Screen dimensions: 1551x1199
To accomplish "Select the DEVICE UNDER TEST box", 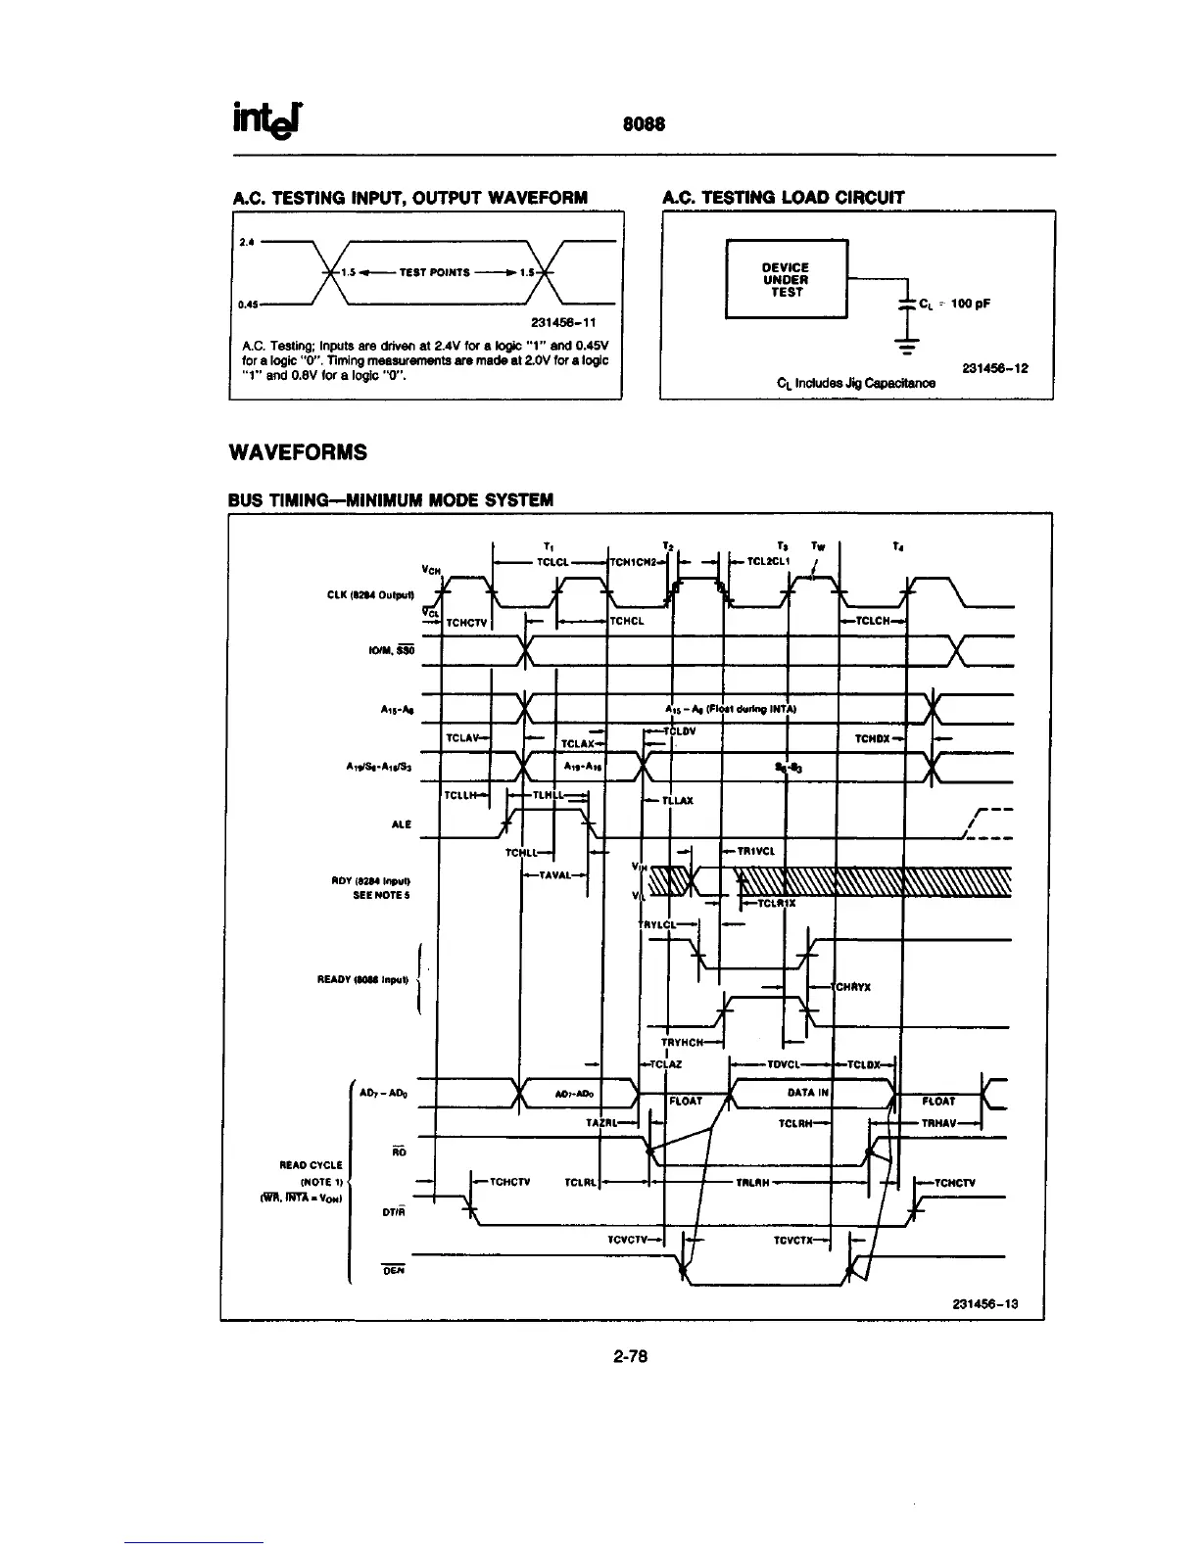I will click(x=786, y=279).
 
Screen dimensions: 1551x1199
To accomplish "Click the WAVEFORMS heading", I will click(x=298, y=452).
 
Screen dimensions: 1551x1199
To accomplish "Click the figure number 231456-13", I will click(x=984, y=1303).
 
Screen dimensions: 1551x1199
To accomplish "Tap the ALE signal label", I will click(x=402, y=824).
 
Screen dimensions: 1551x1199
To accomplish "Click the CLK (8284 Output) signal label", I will click(x=377, y=595).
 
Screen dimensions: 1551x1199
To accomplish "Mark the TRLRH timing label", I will click(x=750, y=1182).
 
